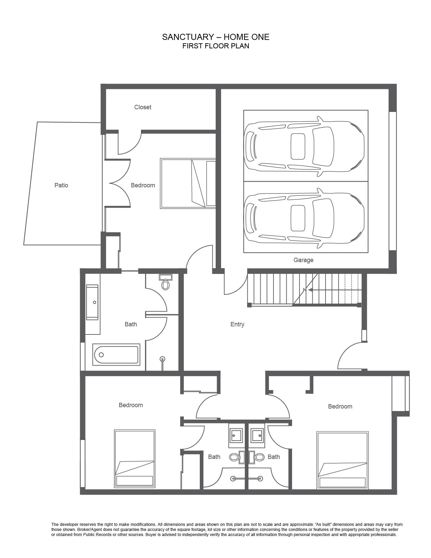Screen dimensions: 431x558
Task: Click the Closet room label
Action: [143, 107]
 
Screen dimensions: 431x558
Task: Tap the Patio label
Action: [61, 185]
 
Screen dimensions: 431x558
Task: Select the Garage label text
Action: [304, 260]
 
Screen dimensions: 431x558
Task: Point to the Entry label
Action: [237, 324]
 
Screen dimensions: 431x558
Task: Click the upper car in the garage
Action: [304, 146]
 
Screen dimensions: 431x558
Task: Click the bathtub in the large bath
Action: [116, 355]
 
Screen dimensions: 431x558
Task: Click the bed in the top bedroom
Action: [188, 183]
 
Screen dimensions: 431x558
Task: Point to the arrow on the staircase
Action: [335, 290]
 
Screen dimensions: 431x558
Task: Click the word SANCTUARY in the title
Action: [186, 37]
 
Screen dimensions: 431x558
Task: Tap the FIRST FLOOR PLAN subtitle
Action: [216, 46]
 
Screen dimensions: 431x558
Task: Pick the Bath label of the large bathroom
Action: [131, 324]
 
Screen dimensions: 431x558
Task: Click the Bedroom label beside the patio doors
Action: [143, 185]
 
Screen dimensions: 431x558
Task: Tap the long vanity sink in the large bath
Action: [92, 302]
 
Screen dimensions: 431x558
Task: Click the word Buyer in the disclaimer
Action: [151, 535]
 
